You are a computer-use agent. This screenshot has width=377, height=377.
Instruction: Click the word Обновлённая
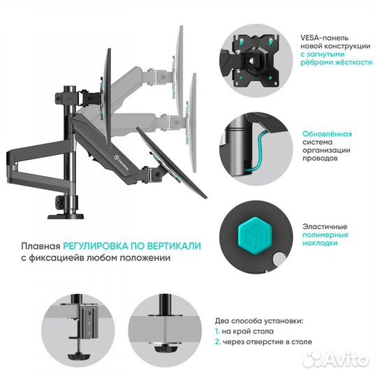click(326, 133)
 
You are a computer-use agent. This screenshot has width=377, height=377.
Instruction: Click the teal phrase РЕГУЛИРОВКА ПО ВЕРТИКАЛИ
click(131, 246)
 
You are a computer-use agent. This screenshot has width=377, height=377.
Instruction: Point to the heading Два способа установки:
click(258, 319)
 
